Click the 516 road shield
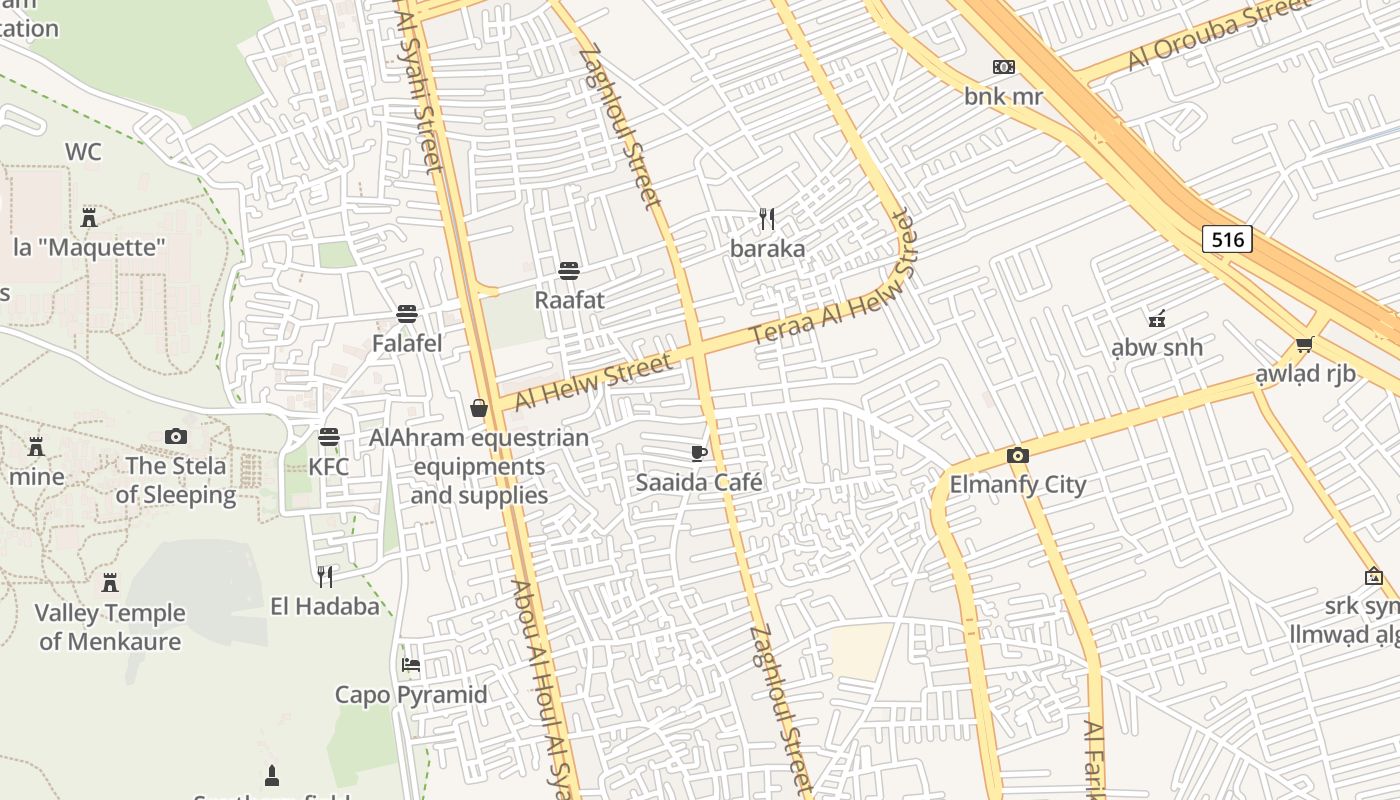point(1227,239)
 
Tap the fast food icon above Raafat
point(569,270)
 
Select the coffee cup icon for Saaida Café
point(699,453)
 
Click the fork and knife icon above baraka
point(767,219)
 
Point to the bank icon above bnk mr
point(1003,67)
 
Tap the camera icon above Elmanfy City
point(1017,456)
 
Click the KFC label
point(328,467)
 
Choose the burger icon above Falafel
point(406,314)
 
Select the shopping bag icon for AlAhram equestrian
point(479,408)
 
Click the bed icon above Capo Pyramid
point(410,665)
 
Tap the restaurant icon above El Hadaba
point(325,576)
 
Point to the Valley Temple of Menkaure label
point(110,627)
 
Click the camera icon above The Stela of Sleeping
point(176,436)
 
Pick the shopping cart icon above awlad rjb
point(1304,345)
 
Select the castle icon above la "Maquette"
point(89,217)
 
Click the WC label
point(83,152)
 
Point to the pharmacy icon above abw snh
point(1157,319)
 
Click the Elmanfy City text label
point(1017,485)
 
